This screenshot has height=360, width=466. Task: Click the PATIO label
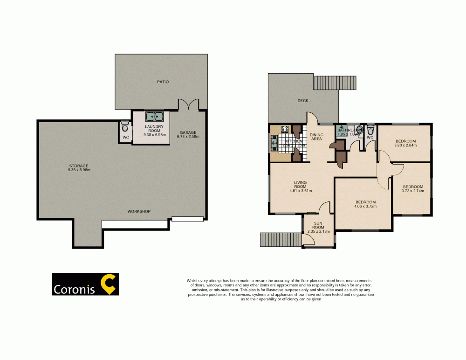[163, 82]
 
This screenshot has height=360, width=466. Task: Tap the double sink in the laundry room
[154, 117]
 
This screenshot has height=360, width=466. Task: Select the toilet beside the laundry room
[124, 127]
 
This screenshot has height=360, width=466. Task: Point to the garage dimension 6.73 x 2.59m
[189, 137]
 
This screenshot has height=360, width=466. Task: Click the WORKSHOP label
[139, 212]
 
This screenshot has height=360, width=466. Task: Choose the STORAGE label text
[78, 166]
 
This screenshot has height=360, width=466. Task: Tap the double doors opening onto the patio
[189, 105]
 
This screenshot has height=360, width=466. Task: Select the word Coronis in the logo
[75, 290]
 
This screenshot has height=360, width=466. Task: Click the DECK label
[303, 101]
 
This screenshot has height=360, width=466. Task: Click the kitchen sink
[274, 143]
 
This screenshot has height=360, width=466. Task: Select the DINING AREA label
[317, 137]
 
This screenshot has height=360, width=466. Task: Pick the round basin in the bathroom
[359, 131]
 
